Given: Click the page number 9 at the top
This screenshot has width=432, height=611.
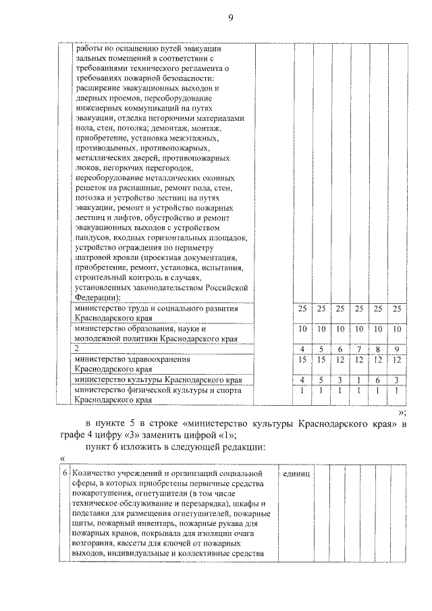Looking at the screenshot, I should (x=230, y=18).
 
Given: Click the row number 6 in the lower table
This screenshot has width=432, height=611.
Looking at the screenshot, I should (x=64, y=473).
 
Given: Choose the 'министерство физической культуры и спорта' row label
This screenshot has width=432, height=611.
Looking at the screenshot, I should (x=157, y=390).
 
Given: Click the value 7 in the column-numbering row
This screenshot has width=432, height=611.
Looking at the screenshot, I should (x=360, y=349).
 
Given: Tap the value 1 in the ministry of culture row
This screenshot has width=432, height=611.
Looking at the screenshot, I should (x=360, y=380).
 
